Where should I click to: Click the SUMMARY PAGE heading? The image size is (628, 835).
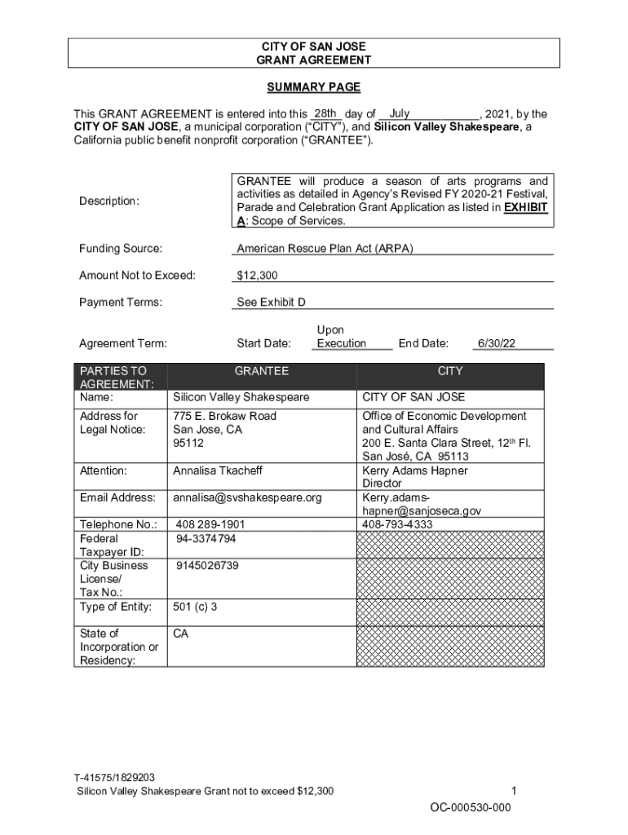pos(314,87)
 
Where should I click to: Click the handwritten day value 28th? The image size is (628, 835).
pos(325,113)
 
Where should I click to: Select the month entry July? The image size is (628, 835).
pos(400,113)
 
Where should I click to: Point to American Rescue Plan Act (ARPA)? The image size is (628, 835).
pos(325,248)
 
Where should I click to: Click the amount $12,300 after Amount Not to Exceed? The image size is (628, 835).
pos(257,276)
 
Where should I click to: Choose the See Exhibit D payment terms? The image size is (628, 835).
pos(271,303)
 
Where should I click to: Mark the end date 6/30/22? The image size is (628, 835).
pos(496,343)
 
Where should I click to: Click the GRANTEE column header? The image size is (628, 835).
pos(261,371)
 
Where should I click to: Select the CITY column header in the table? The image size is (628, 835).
pos(449,371)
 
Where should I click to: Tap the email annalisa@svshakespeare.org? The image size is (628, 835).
pos(247,497)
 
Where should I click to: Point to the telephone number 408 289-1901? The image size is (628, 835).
pos(210,524)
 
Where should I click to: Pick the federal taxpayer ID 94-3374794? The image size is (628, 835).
pos(206,538)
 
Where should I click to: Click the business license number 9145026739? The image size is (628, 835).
pos(207,565)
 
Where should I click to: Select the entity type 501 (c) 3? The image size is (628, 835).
pos(195,607)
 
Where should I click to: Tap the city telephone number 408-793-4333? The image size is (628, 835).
pos(397,524)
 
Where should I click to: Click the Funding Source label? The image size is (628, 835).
pos(120,248)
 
